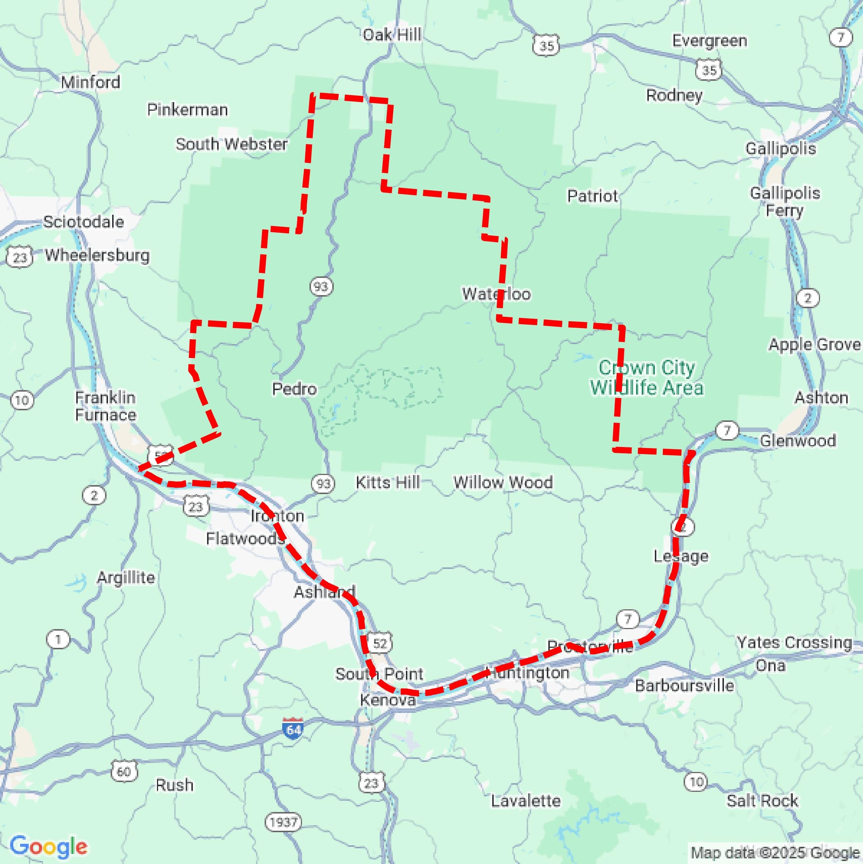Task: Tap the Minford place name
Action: pos(90,82)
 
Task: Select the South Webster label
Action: pos(231,144)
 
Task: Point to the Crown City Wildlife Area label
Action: pos(646,378)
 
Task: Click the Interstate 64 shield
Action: pos(293,729)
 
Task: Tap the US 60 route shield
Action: pos(123,771)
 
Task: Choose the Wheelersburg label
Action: pos(98,255)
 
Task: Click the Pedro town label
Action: pos(294,389)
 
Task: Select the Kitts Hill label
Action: pos(388,482)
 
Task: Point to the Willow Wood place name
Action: pos(503,482)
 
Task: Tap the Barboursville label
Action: pos(684,686)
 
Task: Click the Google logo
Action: pos(48,846)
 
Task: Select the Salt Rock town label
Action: pos(762,800)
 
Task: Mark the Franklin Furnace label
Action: pos(105,406)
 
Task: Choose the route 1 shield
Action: pos(58,639)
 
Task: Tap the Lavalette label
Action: pos(525,800)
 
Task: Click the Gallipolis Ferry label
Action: pos(785,202)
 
